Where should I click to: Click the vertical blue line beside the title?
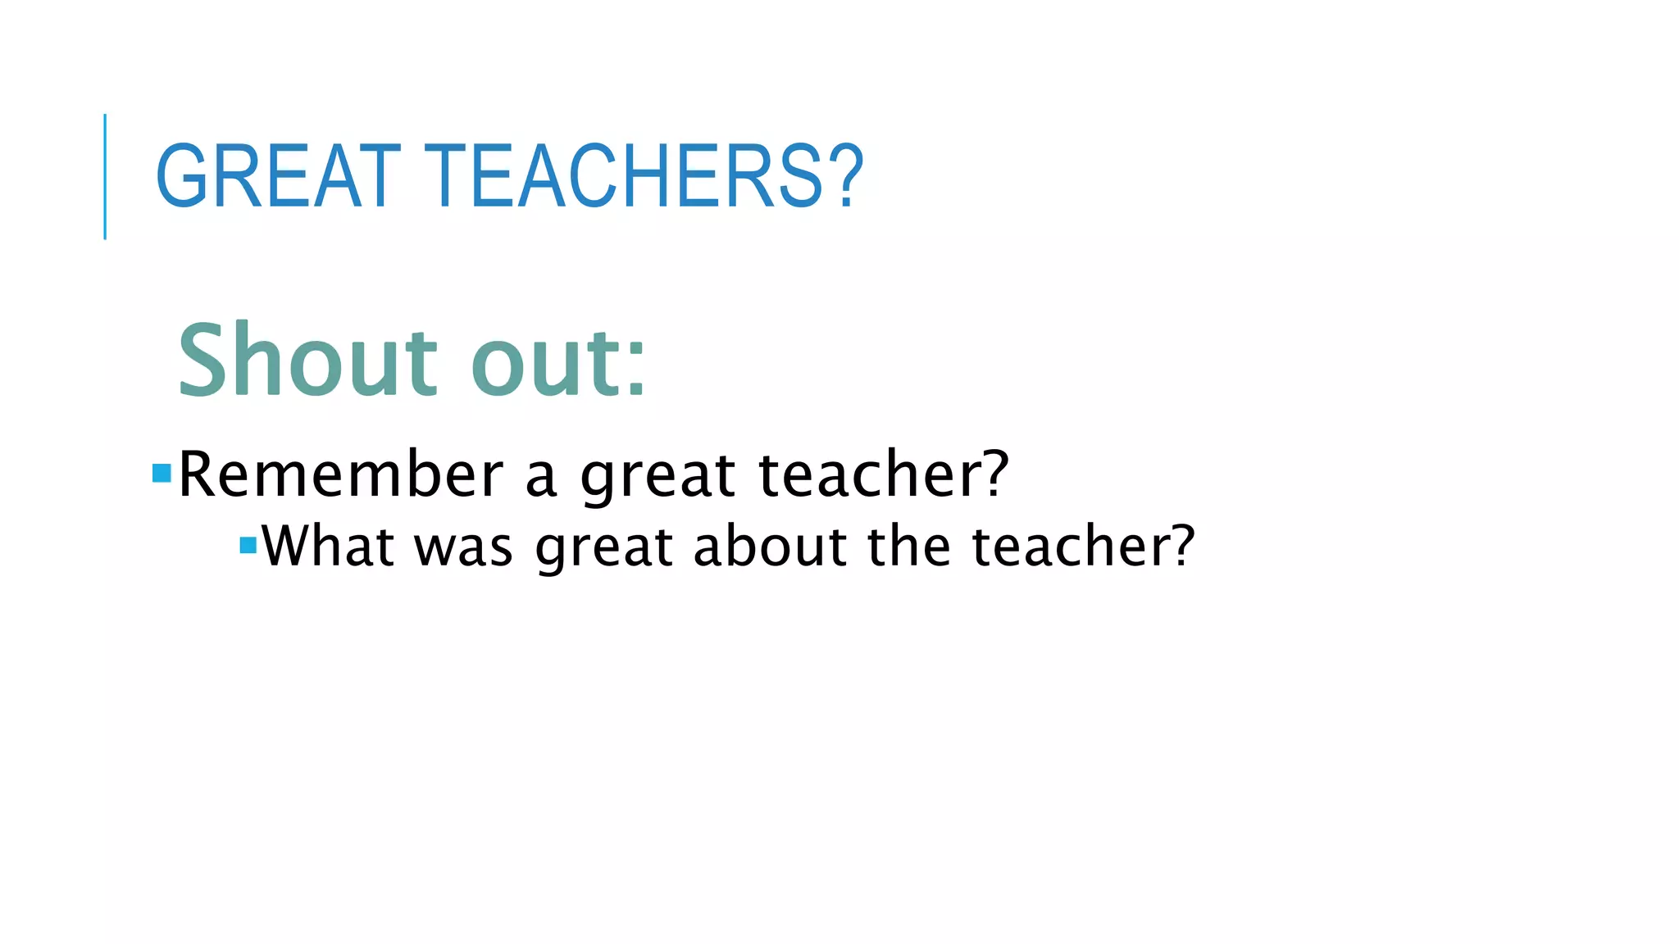pos(105,176)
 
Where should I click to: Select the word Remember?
pos(340,475)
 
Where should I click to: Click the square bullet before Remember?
pos(162,473)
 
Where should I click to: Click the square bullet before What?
pos(248,545)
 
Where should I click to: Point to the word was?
pos(464,547)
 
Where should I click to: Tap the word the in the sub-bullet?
pos(909,546)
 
